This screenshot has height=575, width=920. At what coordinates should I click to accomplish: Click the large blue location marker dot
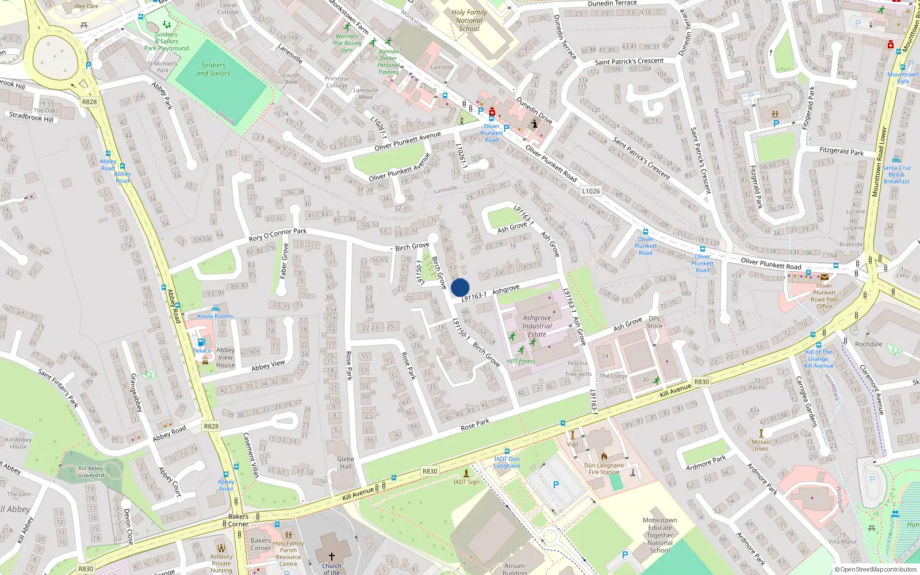pyautogui.click(x=460, y=287)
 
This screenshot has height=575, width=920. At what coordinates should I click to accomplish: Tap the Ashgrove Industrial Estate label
pyautogui.click(x=537, y=326)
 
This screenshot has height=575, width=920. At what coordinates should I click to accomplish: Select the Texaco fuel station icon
pyautogui.click(x=201, y=343)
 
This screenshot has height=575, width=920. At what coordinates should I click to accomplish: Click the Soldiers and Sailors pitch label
pyautogui.click(x=213, y=69)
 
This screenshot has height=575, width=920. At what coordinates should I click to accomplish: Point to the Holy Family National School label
pyautogui.click(x=469, y=20)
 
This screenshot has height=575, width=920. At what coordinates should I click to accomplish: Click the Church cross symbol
pyautogui.click(x=331, y=556)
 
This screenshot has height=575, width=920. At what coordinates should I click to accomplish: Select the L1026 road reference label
pyautogui.click(x=591, y=191)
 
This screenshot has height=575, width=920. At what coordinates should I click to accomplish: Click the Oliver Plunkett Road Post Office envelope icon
pyautogui.click(x=824, y=277)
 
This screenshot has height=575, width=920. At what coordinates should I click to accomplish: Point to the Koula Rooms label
pyautogui.click(x=216, y=316)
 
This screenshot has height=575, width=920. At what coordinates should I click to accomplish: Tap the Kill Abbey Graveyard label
pyautogui.click(x=91, y=472)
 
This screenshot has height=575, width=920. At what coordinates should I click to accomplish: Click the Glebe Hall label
pyautogui.click(x=346, y=463)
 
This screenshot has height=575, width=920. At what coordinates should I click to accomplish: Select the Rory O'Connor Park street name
pyautogui.click(x=278, y=235)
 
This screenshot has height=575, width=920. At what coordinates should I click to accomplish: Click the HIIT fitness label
pyautogui.click(x=521, y=362)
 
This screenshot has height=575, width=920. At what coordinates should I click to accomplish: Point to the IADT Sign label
pyautogui.click(x=466, y=482)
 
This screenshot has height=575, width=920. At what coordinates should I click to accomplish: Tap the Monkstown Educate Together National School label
pyautogui.click(x=660, y=535)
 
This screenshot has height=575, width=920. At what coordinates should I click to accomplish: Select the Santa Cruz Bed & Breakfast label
pyautogui.click(x=896, y=174)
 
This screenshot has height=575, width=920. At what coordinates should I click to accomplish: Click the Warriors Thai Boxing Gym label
pyautogui.click(x=347, y=43)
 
